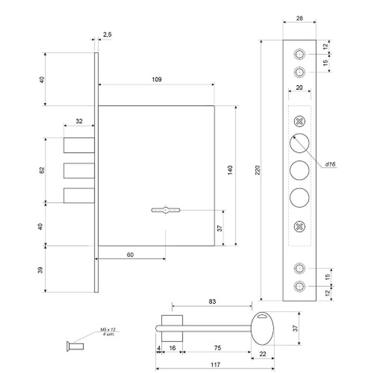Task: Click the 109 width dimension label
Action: point(157,79)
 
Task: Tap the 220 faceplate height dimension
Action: point(257,170)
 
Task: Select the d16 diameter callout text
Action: point(330,164)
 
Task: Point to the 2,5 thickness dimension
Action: point(107,35)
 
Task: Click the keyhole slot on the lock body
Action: point(165,210)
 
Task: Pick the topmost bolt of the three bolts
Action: point(79,145)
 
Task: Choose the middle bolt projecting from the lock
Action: point(79,170)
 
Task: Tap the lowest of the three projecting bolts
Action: point(79,195)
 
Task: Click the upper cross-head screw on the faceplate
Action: point(300,121)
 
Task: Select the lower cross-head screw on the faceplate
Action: point(300,226)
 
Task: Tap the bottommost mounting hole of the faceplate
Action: point(299,286)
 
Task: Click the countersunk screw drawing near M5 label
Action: point(75,346)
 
